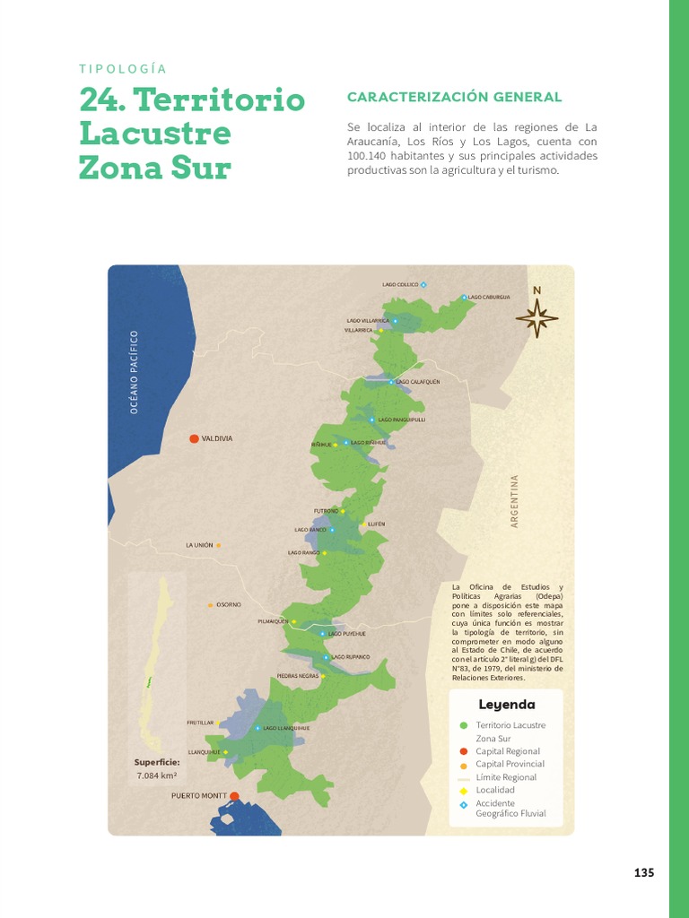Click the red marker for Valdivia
click(194, 438)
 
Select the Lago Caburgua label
click(489, 297)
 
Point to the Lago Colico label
click(400, 285)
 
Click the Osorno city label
click(229, 604)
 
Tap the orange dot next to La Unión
click(218, 545)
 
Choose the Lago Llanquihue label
click(286, 728)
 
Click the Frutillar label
click(200, 722)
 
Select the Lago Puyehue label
click(347, 634)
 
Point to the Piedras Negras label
click(298, 675)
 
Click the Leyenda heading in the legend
click(507, 705)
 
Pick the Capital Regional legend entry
click(508, 751)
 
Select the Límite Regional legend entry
click(506, 777)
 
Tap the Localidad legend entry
click(495, 790)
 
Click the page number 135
click(644, 873)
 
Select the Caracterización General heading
click(454, 97)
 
